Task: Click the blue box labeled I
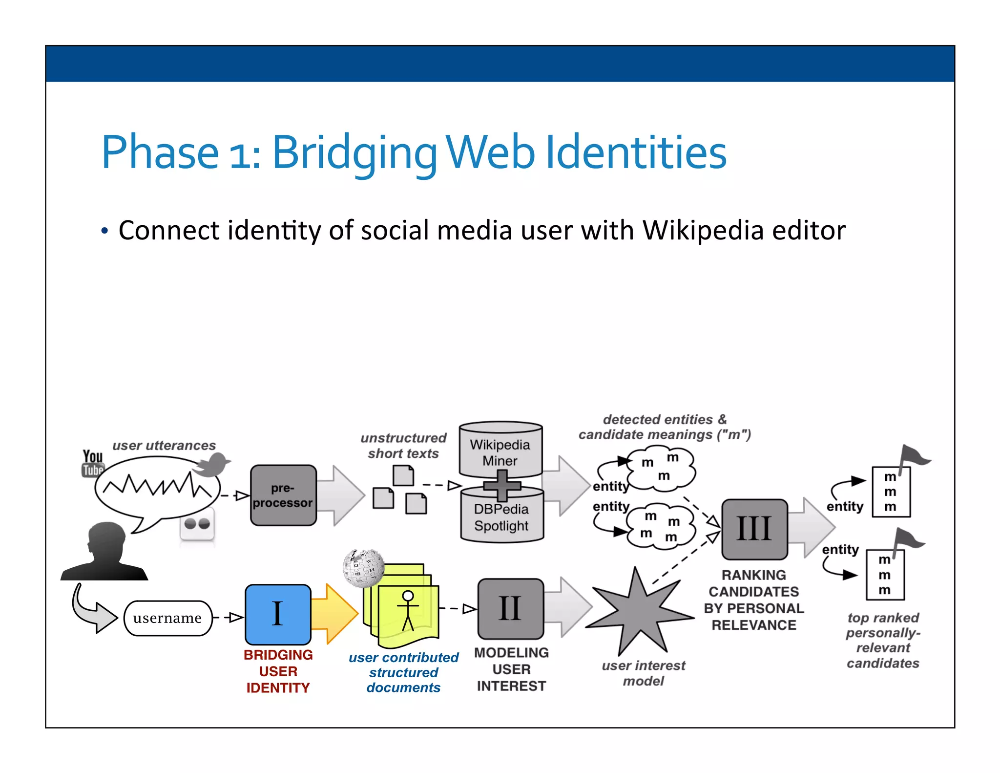278,614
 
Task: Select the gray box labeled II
510,609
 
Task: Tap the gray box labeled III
754,529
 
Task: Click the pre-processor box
283,495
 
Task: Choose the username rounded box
167,618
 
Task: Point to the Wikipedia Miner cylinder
500,450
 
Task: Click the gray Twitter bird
212,464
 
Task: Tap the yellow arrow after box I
334,614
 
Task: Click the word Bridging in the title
354,152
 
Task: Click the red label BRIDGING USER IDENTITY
278,671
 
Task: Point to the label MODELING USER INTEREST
511,669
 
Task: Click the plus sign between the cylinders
501,485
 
